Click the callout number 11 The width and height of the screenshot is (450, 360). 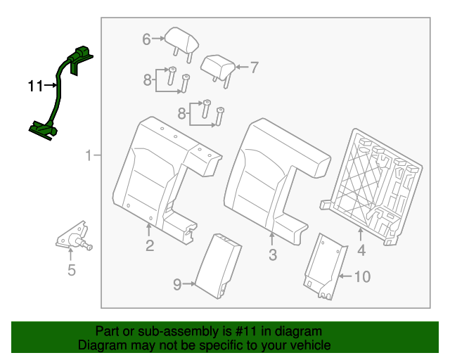(35, 86)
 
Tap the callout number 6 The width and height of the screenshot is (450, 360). (146, 39)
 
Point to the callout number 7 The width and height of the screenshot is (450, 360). (254, 67)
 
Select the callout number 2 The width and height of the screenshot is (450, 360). (150, 245)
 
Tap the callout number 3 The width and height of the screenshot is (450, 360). (273, 255)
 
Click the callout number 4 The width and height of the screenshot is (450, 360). (361, 250)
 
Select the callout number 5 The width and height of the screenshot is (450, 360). (71, 271)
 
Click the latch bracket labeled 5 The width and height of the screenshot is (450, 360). (74, 238)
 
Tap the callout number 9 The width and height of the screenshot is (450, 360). (177, 284)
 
